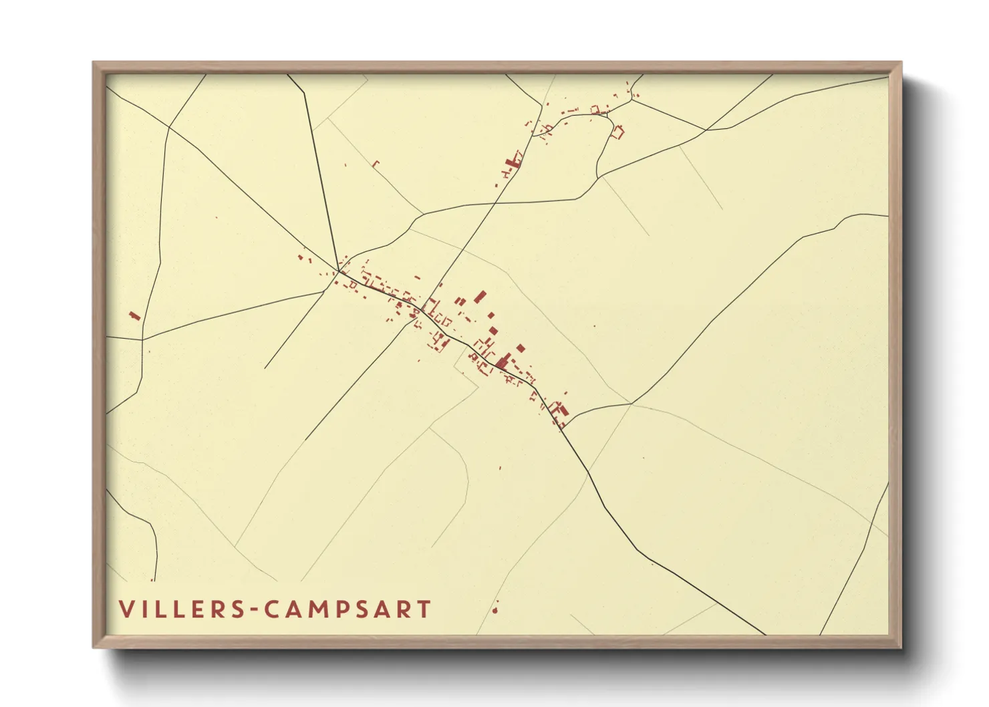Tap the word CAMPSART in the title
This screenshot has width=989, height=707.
[347, 609]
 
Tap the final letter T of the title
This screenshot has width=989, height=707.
[424, 609]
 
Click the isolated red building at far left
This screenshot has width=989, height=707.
[134, 315]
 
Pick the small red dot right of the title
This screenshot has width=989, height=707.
[495, 609]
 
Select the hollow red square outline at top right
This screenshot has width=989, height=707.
[618, 132]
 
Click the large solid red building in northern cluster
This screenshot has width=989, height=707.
[514, 161]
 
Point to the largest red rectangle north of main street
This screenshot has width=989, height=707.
[479, 296]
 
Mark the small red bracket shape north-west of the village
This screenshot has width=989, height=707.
[375, 163]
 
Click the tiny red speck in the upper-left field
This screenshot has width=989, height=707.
[216, 217]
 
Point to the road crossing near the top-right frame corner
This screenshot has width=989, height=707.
[706, 130]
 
